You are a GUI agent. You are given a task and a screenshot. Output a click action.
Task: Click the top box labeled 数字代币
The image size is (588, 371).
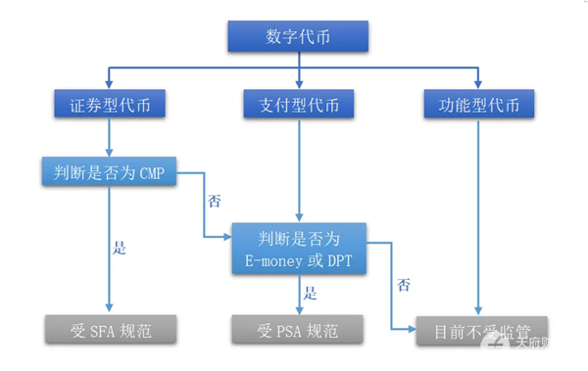click(297, 36)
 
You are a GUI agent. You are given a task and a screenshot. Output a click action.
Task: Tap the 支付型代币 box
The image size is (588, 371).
click(297, 103)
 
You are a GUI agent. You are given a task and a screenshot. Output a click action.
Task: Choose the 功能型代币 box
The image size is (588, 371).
click(479, 103)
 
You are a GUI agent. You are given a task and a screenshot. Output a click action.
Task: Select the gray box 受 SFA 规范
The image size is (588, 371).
click(111, 330)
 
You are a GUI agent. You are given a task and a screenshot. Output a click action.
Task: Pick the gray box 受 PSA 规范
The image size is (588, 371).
click(298, 330)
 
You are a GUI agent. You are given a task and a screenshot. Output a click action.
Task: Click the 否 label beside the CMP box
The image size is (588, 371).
click(215, 202)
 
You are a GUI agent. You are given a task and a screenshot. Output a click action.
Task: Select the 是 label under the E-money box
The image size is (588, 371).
click(310, 293)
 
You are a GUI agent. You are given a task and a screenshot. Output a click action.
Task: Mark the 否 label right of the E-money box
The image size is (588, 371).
click(403, 286)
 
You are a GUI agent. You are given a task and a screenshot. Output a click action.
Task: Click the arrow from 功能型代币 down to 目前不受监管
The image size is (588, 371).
click(478, 215)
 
